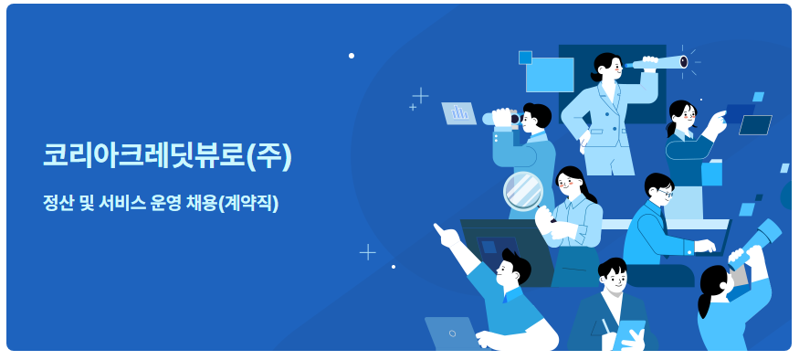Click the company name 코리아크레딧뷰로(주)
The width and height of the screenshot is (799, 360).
point(167,155)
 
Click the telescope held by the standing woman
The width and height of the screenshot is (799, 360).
point(659,62)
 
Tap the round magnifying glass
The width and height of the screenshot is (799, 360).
point(522,190)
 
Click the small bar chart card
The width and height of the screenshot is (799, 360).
point(458,112)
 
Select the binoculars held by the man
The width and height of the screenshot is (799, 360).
point(502,118)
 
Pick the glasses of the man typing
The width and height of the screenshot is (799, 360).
point(666,193)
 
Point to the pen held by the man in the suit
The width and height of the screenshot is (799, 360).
point(605,325)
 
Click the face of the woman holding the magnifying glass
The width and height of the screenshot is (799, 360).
point(569,182)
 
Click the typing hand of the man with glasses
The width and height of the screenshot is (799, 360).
point(704,246)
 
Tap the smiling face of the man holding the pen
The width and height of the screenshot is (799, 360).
point(615,279)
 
